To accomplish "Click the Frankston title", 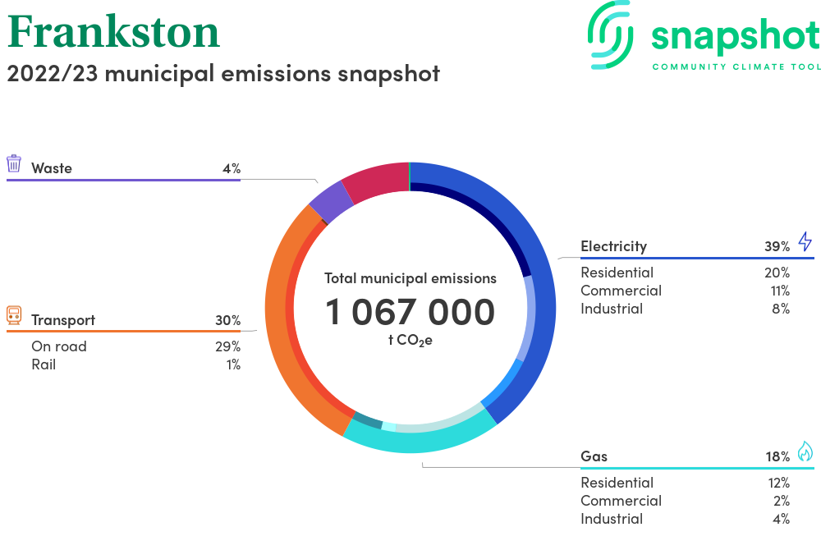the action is coord(113,32).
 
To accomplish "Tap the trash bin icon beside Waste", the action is coord(14,163).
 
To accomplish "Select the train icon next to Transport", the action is coord(14,315).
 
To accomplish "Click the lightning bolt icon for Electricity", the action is coord(805,242).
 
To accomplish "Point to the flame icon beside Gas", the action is coord(805,451).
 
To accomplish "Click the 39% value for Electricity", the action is coord(777,246).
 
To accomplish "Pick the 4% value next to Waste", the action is coord(232,168).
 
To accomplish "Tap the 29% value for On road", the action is coord(227,346).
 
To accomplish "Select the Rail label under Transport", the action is coord(44,364).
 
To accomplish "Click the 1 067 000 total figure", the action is coord(410,312).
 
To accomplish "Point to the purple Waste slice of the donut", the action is coord(331,202).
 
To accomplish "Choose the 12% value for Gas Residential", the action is coord(778,483).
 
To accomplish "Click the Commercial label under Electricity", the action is coord(621,291).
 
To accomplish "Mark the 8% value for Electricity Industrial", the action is coord(781,309).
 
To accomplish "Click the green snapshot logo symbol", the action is coord(611,35).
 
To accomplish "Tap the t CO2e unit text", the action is coord(410,341).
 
